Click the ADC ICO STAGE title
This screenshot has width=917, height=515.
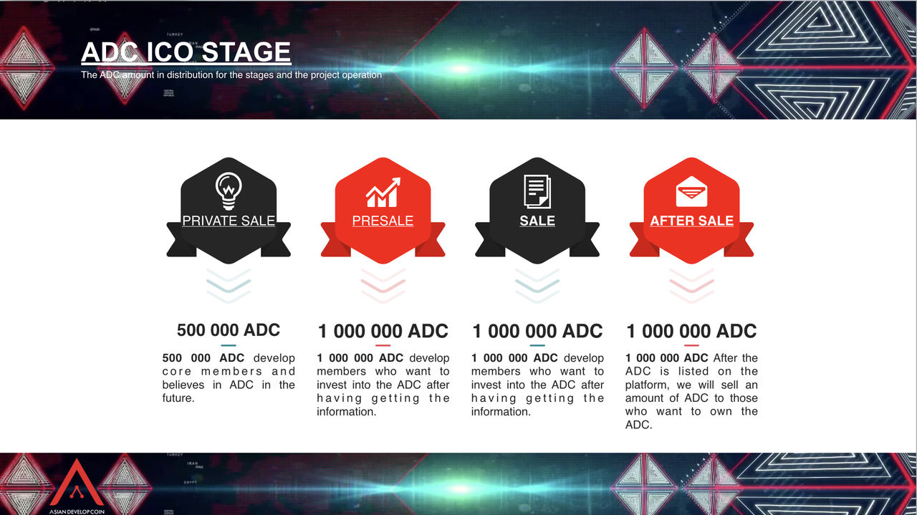[x=186, y=52]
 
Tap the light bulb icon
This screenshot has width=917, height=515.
[x=229, y=191]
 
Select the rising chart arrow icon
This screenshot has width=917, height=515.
[x=383, y=193]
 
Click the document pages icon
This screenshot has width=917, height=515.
[x=537, y=191]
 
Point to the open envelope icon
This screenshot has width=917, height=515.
[x=691, y=191]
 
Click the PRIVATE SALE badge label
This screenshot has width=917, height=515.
[x=229, y=221]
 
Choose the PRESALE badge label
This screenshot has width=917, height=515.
[x=383, y=221]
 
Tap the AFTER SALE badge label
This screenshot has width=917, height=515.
[x=691, y=221]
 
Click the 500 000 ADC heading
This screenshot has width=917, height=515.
[x=229, y=330]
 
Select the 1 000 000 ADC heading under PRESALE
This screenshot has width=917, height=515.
[x=383, y=331]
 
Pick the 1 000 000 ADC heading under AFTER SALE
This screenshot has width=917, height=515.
[x=691, y=331]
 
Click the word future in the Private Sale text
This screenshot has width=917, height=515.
[x=177, y=398]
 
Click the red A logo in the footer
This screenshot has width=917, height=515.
[x=77, y=483]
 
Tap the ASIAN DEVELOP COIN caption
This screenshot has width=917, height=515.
[x=77, y=511]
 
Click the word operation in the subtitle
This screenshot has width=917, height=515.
[x=361, y=75]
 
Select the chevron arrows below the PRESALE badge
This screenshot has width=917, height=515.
[x=383, y=286]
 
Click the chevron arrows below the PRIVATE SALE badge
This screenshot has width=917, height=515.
[x=229, y=286]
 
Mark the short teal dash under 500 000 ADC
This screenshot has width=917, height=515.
[x=229, y=345]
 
